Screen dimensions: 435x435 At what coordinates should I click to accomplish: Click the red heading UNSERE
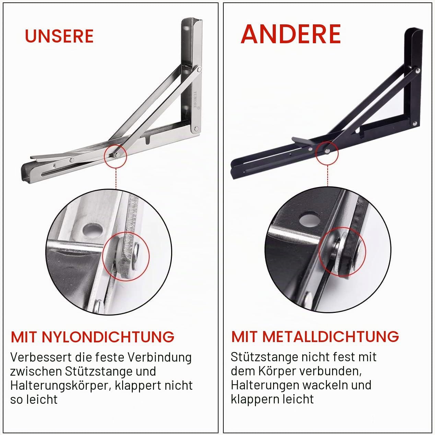coord(59,36)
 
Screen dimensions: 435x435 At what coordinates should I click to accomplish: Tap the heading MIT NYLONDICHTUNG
coord(93,337)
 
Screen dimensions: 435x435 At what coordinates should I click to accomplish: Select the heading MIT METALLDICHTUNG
coord(315,337)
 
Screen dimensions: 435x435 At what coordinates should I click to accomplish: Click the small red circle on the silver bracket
coord(115,156)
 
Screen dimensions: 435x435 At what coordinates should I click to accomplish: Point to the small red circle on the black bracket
coord(327,153)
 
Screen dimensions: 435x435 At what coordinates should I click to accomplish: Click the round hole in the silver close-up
coord(93,231)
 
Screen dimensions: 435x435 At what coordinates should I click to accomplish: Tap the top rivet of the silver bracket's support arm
coord(199,70)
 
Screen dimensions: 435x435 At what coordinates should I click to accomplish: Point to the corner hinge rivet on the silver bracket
coord(196,129)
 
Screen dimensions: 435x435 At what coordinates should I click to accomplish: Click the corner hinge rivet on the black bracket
coord(415,123)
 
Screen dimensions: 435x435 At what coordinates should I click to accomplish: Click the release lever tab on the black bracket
coord(300,140)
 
